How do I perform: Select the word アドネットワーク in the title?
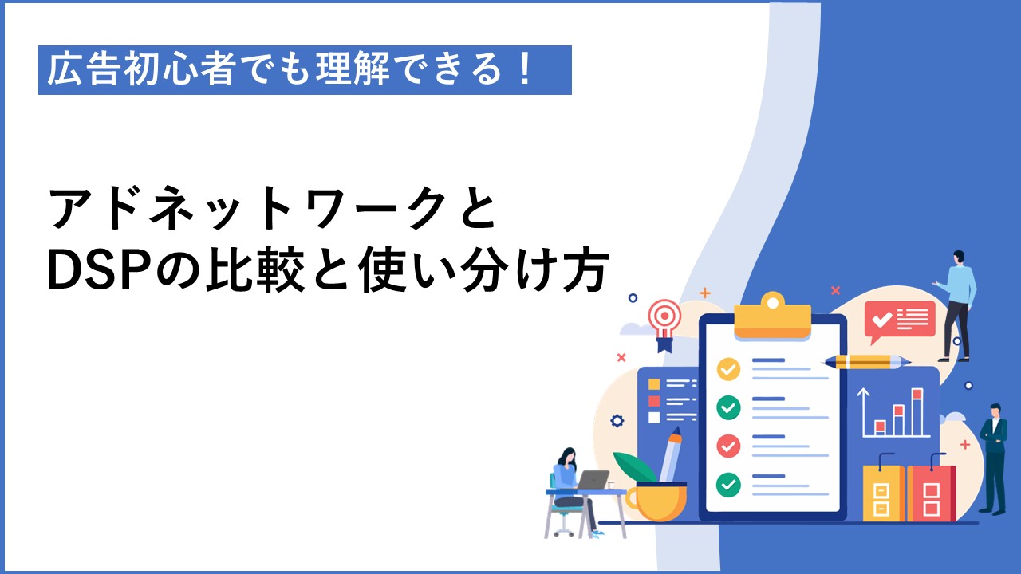(246, 208)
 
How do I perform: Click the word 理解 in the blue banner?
(353, 69)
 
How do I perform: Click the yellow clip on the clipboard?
(773, 316)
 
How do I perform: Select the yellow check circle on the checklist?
(728, 369)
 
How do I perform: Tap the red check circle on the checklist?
(728, 446)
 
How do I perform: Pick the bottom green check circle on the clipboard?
(728, 484)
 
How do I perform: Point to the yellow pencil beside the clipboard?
(867, 362)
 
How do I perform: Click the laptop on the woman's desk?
(593, 480)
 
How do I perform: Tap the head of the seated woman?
(569, 457)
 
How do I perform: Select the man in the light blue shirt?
(956, 306)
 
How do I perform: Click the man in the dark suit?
(995, 459)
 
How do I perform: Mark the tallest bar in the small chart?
(917, 412)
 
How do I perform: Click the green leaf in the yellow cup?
(634, 467)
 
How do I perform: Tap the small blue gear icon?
(617, 421)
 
